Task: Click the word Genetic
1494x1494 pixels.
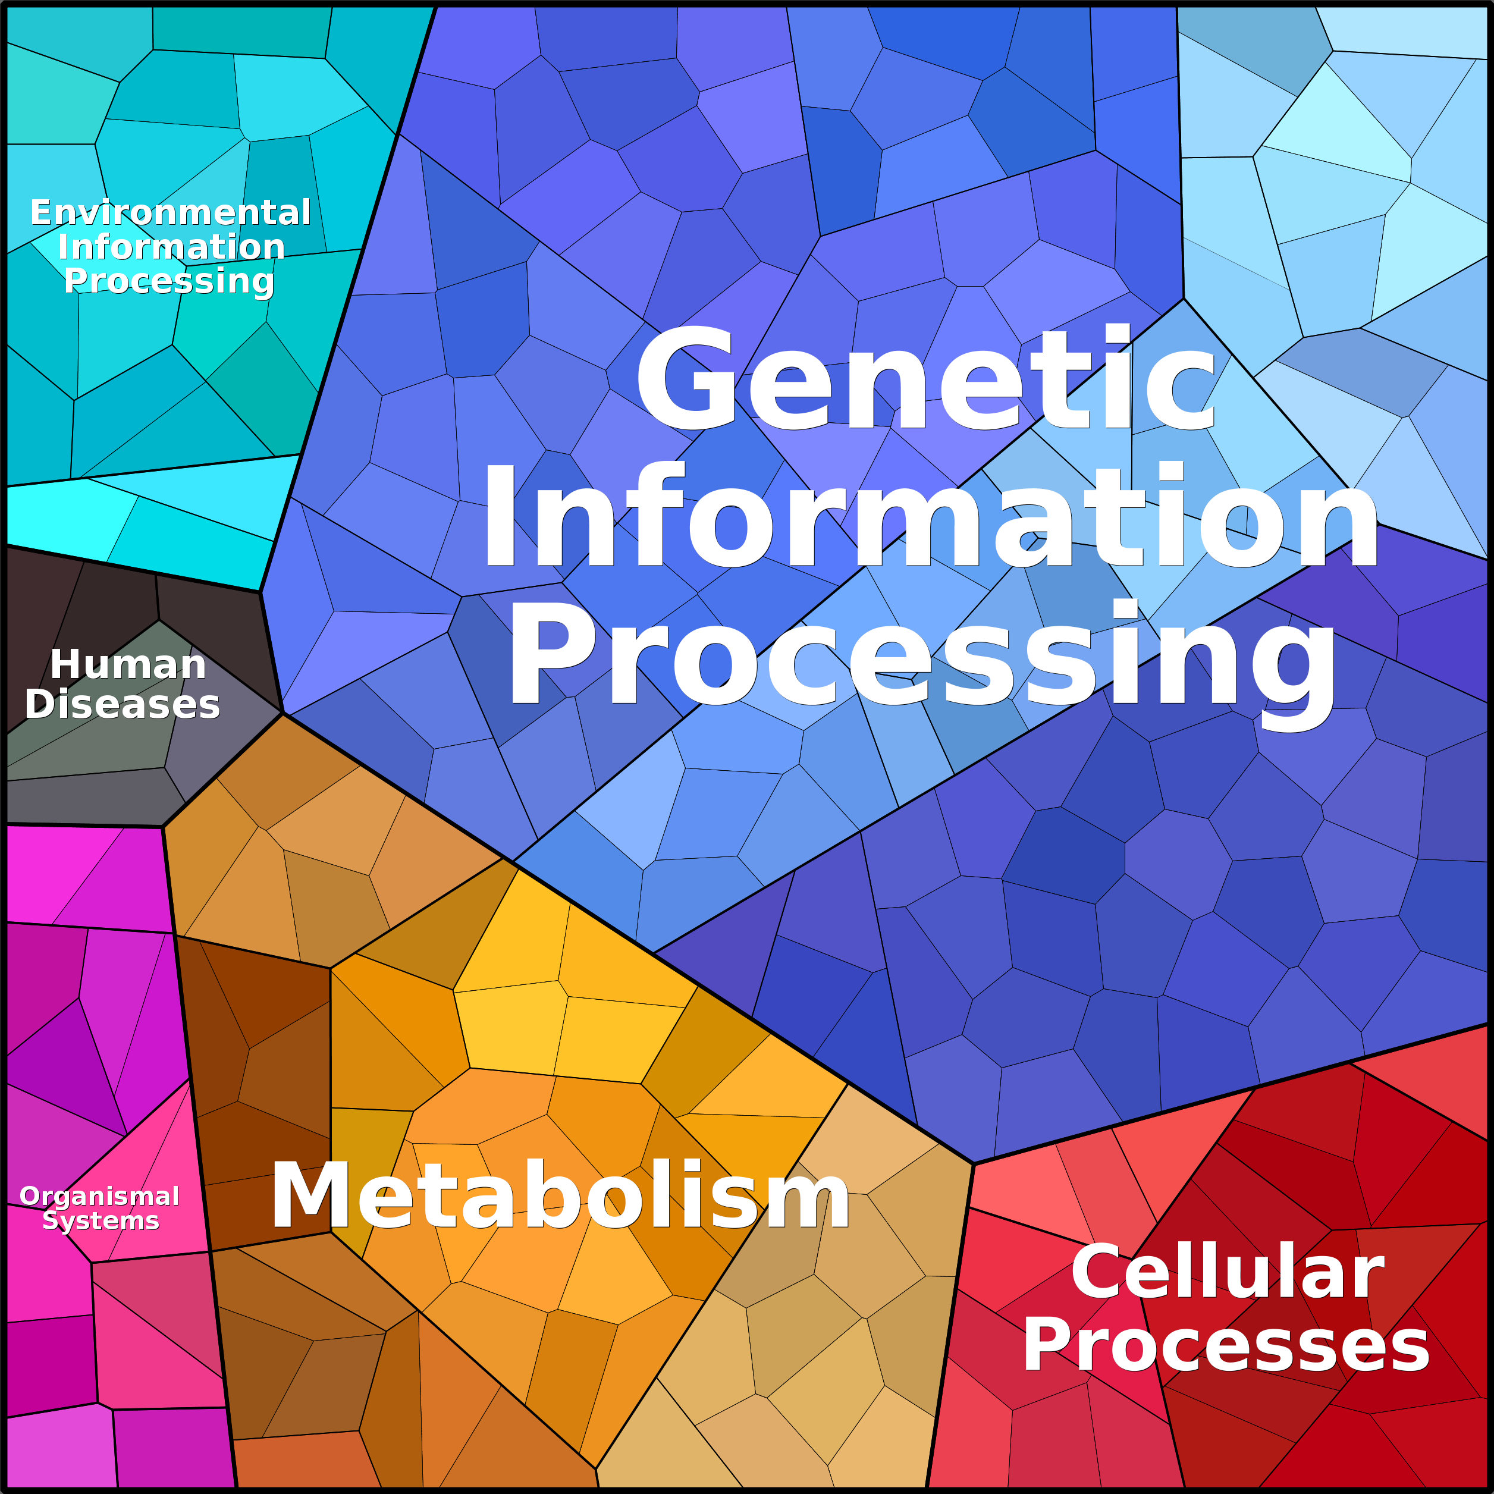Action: click(x=925, y=378)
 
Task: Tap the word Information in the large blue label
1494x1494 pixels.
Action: click(x=930, y=516)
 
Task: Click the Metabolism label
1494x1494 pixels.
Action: click(x=560, y=1195)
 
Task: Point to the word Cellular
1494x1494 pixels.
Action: click(x=1227, y=1272)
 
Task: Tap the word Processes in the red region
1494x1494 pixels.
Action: click(x=1226, y=1347)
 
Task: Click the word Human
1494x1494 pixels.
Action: click(x=128, y=664)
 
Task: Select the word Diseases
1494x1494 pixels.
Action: click(x=123, y=704)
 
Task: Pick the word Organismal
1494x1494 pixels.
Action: click(x=100, y=1196)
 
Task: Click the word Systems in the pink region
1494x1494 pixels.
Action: click(x=101, y=1221)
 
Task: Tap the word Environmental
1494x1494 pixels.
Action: click(x=171, y=213)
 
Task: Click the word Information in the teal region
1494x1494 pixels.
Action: click(x=172, y=247)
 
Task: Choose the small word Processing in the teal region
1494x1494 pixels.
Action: click(x=170, y=281)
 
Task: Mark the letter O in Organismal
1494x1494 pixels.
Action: click(x=31, y=1196)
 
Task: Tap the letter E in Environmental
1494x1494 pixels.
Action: click(x=41, y=213)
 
